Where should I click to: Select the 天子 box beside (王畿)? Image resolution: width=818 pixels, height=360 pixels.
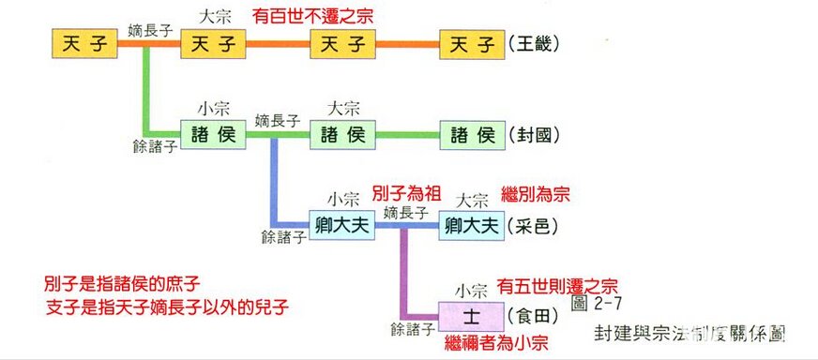click(x=471, y=43)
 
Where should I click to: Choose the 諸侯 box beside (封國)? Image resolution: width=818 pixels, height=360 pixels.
click(x=471, y=135)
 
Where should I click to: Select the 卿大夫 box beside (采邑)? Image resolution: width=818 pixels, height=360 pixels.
click(x=471, y=224)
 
